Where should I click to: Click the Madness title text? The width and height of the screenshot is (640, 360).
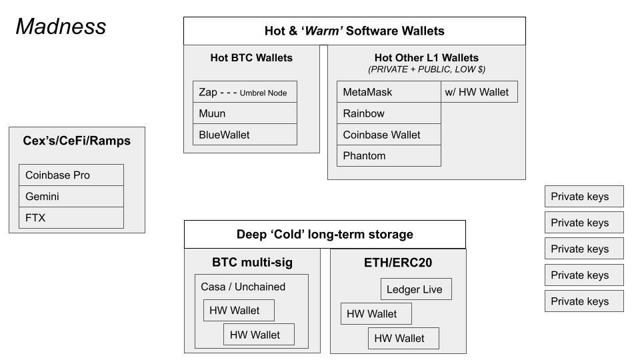pos(61,27)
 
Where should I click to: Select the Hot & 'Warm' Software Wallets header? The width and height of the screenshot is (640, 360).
pos(354,31)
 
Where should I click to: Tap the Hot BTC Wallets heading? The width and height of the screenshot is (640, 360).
pos(251,58)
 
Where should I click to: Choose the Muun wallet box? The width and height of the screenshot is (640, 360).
pos(245,113)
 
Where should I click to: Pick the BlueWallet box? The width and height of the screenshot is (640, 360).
pos(245,135)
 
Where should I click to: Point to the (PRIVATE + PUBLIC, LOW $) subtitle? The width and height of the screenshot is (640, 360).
pos(426,69)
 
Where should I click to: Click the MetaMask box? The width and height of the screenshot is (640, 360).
pos(388,92)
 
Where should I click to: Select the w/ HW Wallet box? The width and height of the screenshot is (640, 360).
pos(479,92)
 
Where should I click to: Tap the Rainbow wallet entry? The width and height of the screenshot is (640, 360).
pos(388,113)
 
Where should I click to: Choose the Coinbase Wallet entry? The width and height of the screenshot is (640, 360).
pos(388,135)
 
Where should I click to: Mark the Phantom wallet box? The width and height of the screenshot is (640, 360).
pos(388,156)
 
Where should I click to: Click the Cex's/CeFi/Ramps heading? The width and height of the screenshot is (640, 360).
pos(77,141)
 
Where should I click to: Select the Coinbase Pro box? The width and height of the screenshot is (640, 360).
pos(71,175)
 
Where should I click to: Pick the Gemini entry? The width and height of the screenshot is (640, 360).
pos(71,197)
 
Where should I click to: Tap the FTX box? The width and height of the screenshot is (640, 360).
pos(71,218)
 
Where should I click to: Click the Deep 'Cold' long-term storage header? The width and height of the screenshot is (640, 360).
pos(325,235)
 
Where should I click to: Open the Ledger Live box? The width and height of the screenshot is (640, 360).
pos(416,289)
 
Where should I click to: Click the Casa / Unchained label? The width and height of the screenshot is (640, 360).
pos(243,287)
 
